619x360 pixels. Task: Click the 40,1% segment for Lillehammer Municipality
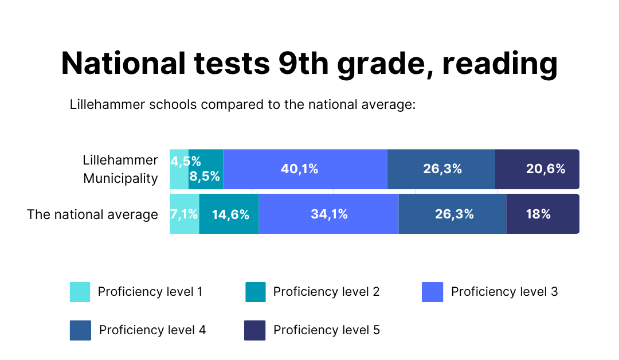pos(305,169)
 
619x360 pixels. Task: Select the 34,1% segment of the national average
pos(328,214)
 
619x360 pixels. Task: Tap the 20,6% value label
pos(545,169)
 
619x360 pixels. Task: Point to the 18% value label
pos(538,214)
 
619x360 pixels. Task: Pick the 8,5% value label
pos(205,177)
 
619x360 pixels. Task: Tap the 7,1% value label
pos(184,214)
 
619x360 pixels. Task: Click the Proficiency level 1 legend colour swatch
pos(80,292)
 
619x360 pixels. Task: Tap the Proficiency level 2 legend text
pos(326,292)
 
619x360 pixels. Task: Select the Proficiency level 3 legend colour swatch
pos(432,292)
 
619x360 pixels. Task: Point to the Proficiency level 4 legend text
pos(152,330)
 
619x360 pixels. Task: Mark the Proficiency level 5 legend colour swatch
pos(255,330)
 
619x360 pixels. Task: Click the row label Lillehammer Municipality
pos(120,169)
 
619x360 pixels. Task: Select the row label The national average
pos(92,214)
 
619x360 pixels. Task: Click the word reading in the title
pos(500,64)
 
